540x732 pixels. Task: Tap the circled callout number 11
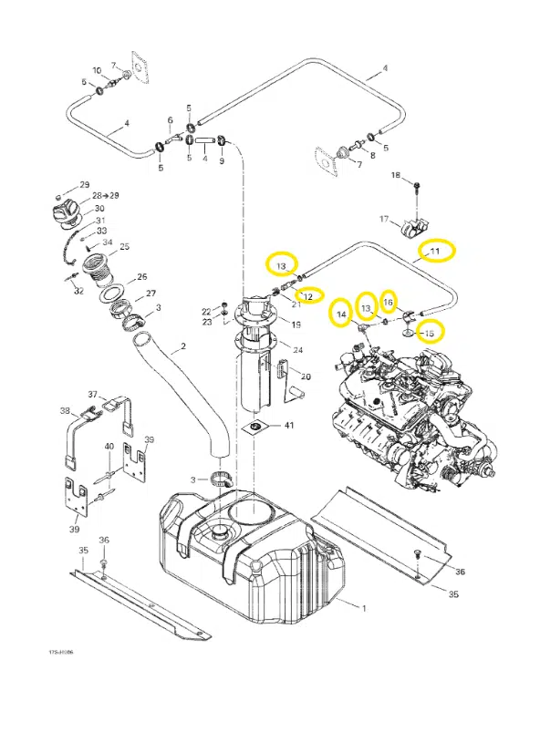click(x=435, y=251)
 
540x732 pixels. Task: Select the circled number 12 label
click(x=308, y=296)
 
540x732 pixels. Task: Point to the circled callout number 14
click(x=341, y=315)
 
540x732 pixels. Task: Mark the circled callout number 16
click(x=388, y=302)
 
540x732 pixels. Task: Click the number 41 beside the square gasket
click(x=289, y=426)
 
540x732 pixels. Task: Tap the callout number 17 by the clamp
click(x=385, y=219)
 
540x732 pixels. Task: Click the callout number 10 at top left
click(x=96, y=70)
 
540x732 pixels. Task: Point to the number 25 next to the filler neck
click(x=125, y=247)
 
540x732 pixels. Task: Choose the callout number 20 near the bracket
click(x=306, y=376)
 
